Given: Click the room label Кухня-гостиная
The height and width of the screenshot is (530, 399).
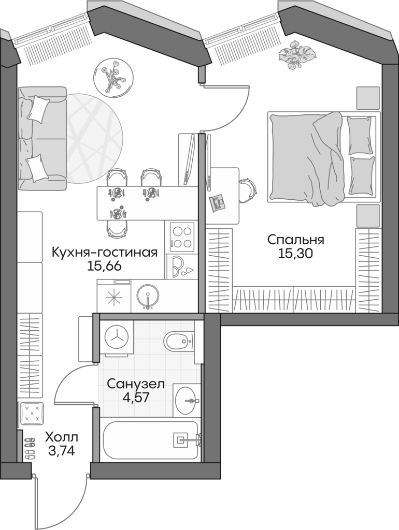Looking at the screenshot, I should (x=104, y=253).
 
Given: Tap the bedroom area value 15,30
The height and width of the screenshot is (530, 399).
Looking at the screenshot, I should (x=295, y=254).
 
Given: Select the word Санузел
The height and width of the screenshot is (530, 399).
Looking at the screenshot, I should (x=136, y=384).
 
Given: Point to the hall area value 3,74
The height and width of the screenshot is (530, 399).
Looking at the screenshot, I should (x=61, y=451).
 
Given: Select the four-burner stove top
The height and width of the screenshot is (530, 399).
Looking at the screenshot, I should (x=181, y=237).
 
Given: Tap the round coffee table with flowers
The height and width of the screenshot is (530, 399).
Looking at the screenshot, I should (x=111, y=76).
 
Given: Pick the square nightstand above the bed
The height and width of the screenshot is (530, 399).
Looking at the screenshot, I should (x=367, y=97).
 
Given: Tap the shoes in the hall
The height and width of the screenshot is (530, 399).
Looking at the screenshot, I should (x=30, y=448).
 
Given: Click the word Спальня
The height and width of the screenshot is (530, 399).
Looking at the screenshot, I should (x=295, y=240).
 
